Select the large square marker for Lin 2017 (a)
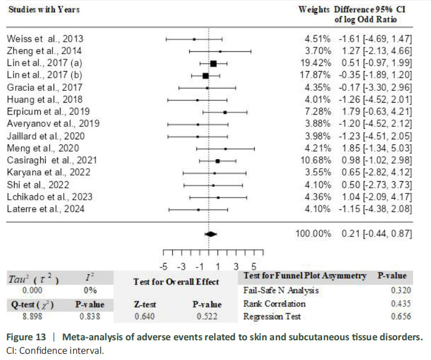click(x=214, y=64)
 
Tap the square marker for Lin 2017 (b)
click(x=206, y=75)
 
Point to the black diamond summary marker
click(x=211, y=234)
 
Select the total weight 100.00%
click(x=312, y=234)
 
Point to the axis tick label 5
click(x=254, y=266)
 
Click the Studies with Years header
click(x=43, y=10)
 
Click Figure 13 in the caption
click(x=27, y=337)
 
